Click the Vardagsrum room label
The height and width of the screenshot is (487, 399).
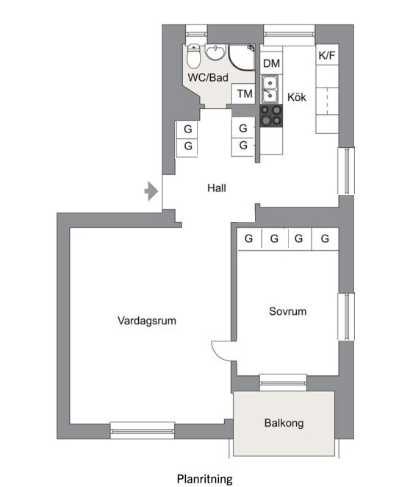[147, 321]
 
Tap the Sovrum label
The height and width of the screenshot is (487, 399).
[287, 311]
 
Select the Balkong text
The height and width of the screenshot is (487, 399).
[284, 423]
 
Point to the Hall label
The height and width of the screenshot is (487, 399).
[217, 188]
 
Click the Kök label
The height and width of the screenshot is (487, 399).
[297, 97]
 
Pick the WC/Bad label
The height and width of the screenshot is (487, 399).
[208, 77]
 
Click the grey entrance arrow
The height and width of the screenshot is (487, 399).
[151, 191]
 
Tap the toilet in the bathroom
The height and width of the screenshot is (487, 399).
[193, 56]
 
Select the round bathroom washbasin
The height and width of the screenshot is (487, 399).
[215, 52]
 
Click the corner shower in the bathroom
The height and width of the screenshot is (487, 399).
[242, 57]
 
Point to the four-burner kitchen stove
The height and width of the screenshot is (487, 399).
[271, 115]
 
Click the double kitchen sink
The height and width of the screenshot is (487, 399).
[270, 89]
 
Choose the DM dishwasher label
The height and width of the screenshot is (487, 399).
[271, 63]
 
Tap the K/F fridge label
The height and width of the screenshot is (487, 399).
[327, 55]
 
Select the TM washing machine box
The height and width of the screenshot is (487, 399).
[244, 93]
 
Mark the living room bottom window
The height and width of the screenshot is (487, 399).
[143, 430]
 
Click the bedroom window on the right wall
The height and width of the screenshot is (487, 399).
[346, 316]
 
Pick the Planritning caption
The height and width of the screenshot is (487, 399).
[205, 479]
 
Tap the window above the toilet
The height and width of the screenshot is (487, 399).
[196, 34]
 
